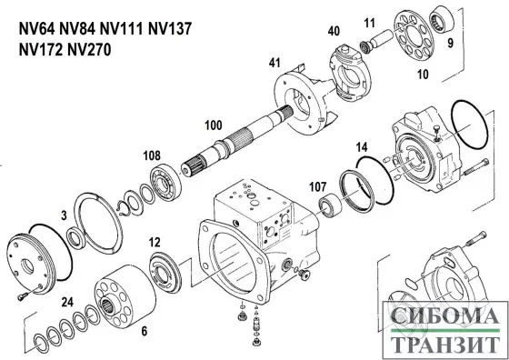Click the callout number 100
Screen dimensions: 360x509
pyautogui.click(x=214, y=125)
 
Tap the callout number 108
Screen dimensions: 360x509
pyautogui.click(x=152, y=155)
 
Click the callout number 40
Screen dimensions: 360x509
pyautogui.click(x=334, y=31)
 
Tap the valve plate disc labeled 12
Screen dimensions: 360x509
pyautogui.click(x=167, y=272)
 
